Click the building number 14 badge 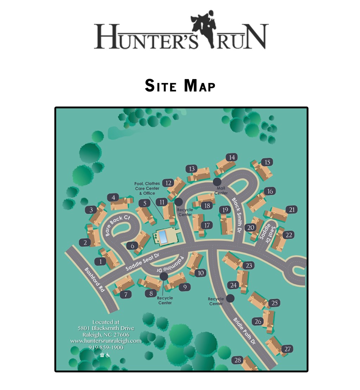232,157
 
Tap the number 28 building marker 238,360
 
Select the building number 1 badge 101,261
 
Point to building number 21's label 291,210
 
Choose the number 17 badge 207,225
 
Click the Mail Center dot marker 217,182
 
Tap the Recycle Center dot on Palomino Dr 163,277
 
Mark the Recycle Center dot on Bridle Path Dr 230,298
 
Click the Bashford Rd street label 95,280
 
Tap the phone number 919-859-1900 106,347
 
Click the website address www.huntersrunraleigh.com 106,341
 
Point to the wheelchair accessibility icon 108,355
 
